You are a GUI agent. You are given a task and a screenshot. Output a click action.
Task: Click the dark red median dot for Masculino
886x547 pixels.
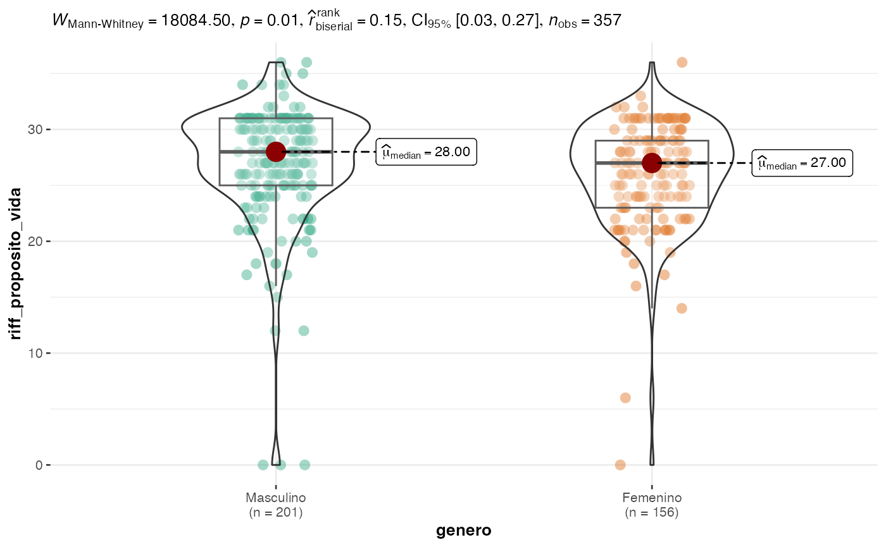pos(276,151)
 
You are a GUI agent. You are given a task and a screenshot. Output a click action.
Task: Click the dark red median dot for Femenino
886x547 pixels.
pos(652,163)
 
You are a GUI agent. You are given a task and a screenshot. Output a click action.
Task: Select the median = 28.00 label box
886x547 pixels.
pos(426,152)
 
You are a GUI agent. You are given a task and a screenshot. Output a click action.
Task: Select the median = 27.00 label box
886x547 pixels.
pos(802,163)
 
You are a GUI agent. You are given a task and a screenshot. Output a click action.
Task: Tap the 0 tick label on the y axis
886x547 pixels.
pos(37,465)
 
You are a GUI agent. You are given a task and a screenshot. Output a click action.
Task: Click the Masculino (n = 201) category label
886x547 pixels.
pos(276,505)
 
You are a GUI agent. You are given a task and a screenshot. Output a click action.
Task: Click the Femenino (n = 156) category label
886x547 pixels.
pos(652,505)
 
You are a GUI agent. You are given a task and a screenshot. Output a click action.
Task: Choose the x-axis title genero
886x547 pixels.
pos(464,531)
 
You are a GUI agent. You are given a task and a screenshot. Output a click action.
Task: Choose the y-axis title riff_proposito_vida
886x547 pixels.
pos(16,263)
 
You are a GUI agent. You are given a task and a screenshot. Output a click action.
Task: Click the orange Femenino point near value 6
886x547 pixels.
pos(625,398)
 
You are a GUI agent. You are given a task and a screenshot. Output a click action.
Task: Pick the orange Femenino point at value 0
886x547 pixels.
pos(620,465)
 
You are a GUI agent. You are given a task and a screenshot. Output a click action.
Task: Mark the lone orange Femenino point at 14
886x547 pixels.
pos(682,309)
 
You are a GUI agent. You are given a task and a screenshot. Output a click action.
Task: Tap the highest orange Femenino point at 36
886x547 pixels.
pos(682,63)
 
